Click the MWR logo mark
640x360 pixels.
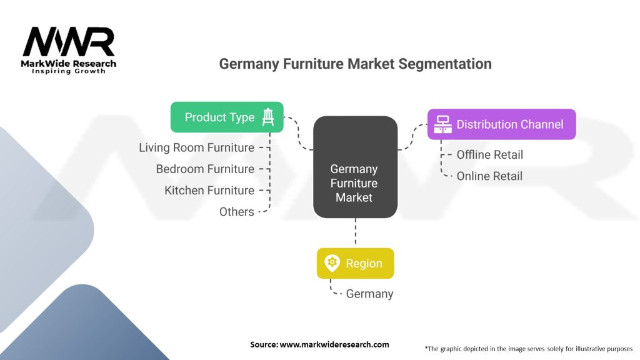pyautogui.click(x=69, y=42)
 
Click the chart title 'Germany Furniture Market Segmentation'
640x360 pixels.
pyautogui.click(x=355, y=64)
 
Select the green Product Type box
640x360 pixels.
pyautogui.click(x=227, y=117)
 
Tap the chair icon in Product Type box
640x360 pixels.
pyautogui.click(x=268, y=117)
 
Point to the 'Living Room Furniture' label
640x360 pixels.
pyautogui.click(x=196, y=147)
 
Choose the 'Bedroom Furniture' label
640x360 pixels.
pyautogui.click(x=205, y=169)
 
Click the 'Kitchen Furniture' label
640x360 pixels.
pyautogui.click(x=209, y=190)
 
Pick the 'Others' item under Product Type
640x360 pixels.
pyautogui.click(x=236, y=211)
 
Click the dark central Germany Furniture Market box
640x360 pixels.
pyautogui.click(x=355, y=167)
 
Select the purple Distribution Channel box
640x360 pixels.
pyautogui.click(x=501, y=124)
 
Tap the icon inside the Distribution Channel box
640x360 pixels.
pyautogui.click(x=443, y=124)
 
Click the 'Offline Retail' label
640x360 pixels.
pyautogui.click(x=489, y=154)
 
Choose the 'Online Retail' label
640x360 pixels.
pyautogui.click(x=489, y=176)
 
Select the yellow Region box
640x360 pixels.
pyautogui.click(x=355, y=263)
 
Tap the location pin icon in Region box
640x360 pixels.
pyautogui.click(x=332, y=263)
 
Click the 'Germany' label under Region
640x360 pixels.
pyautogui.click(x=369, y=293)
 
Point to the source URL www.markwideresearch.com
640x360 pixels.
pyautogui.click(x=334, y=344)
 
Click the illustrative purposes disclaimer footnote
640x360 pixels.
pyautogui.click(x=528, y=348)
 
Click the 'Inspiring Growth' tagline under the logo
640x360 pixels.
pyautogui.click(x=69, y=71)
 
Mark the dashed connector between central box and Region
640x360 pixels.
pyautogui.click(x=355, y=232)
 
